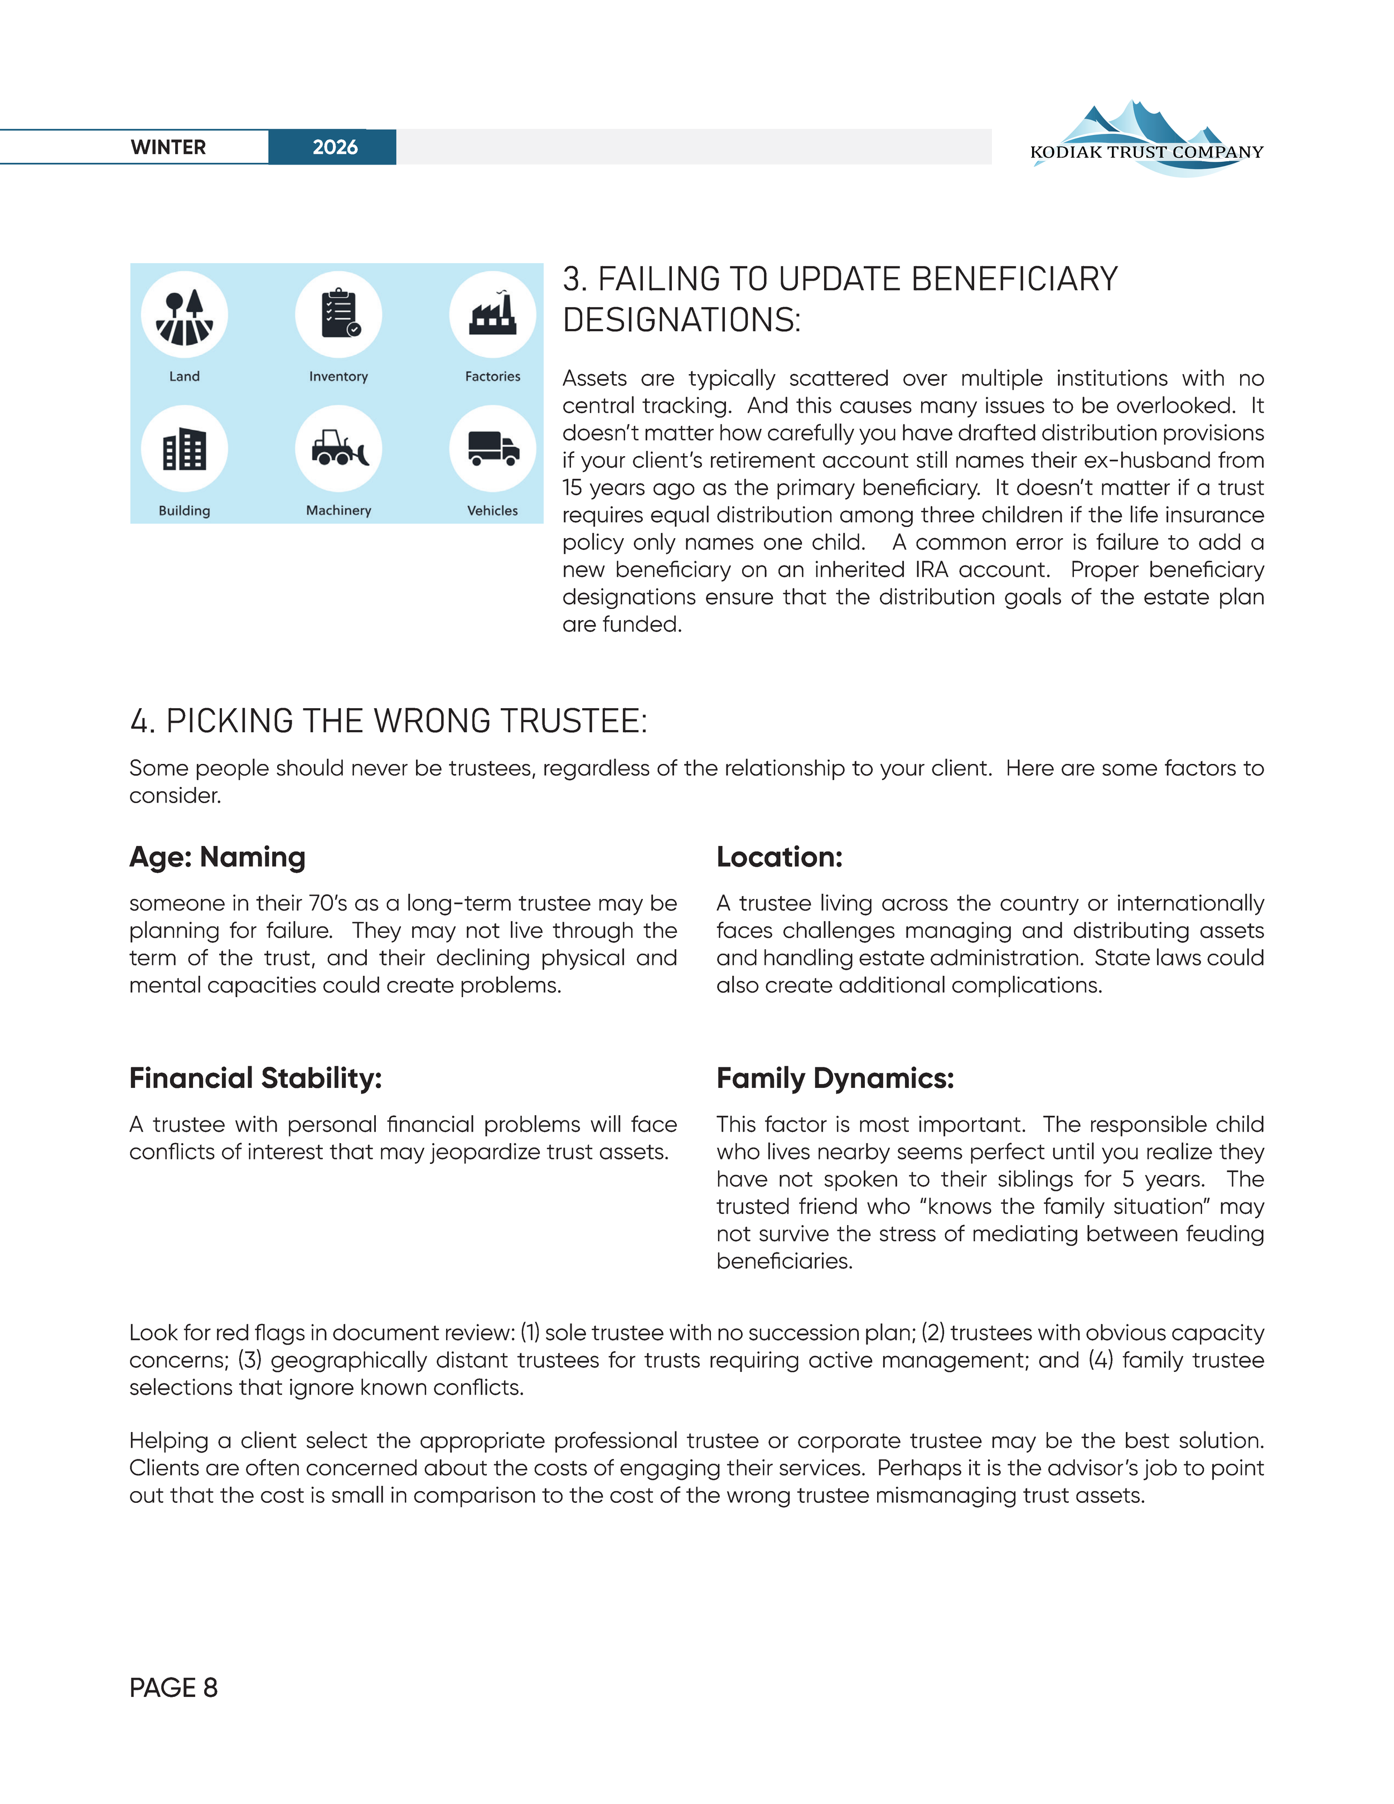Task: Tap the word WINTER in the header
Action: pyautogui.click(x=168, y=147)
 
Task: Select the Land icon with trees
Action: pyautogui.click(x=184, y=316)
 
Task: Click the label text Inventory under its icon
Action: pyautogui.click(x=338, y=376)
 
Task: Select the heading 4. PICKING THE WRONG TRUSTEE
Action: pyautogui.click(x=388, y=721)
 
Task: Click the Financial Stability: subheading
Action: pyautogui.click(x=255, y=1078)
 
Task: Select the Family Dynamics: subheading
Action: pyautogui.click(x=835, y=1078)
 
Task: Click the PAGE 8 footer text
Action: pyautogui.click(x=173, y=1687)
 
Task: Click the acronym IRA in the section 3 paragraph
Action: pyautogui.click(x=932, y=570)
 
